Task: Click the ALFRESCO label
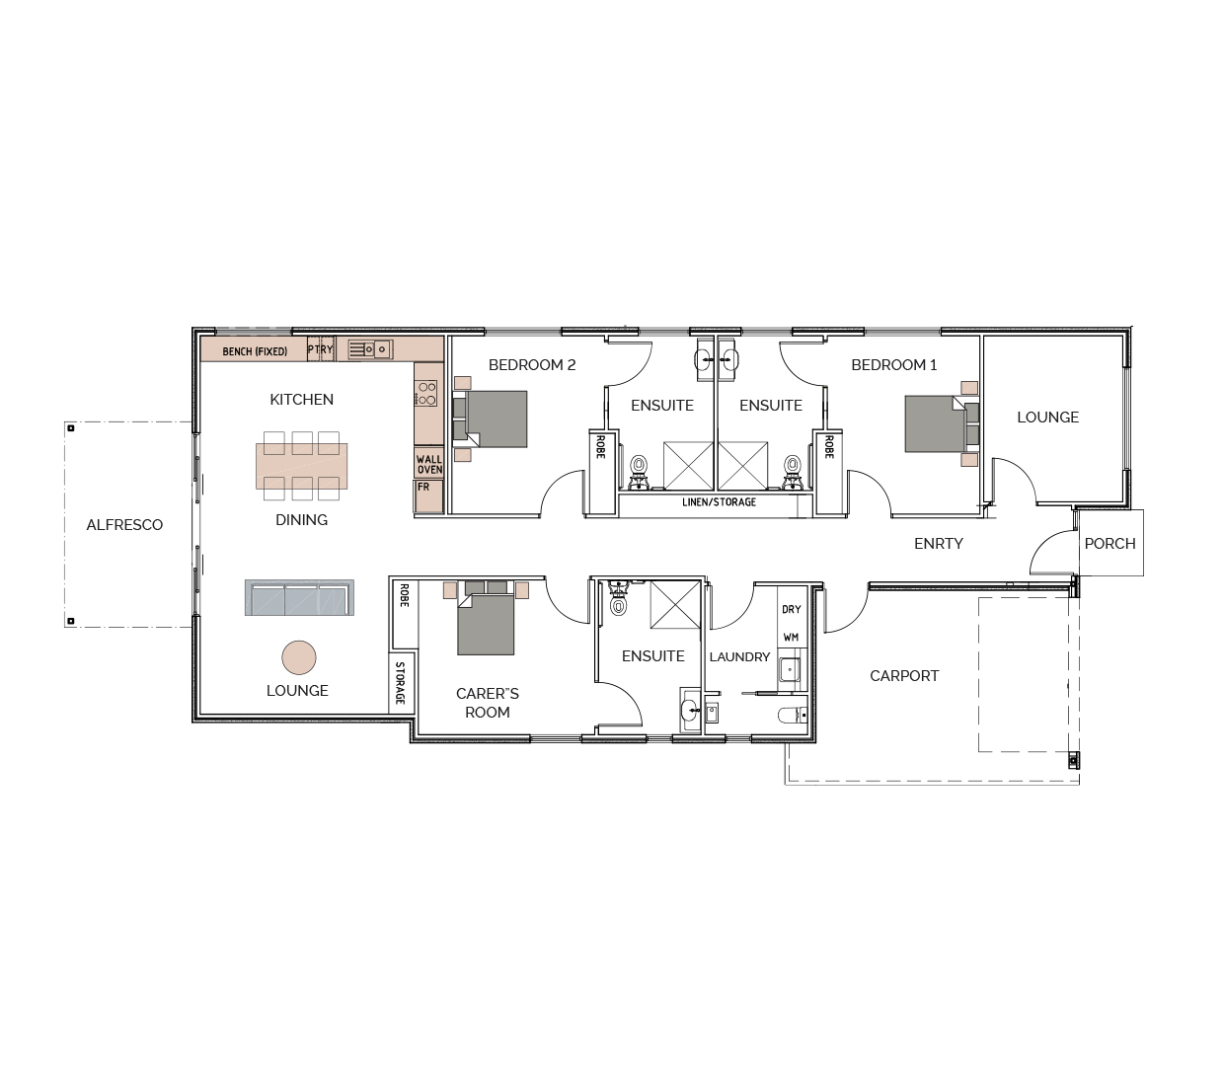pyautogui.click(x=124, y=525)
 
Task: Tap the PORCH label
pyautogui.click(x=1109, y=543)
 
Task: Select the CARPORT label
pyautogui.click(x=904, y=675)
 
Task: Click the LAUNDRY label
pyautogui.click(x=739, y=656)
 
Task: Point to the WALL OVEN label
pyautogui.click(x=429, y=465)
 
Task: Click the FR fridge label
pyautogui.click(x=423, y=487)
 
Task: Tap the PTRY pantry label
pyautogui.click(x=320, y=349)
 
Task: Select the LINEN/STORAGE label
pyautogui.click(x=719, y=501)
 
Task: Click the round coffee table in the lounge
pyautogui.click(x=299, y=657)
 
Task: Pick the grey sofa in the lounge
pyautogui.click(x=299, y=597)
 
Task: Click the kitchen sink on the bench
pyautogui.click(x=370, y=349)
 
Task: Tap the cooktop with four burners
pyautogui.click(x=427, y=394)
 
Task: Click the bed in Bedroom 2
pyautogui.click(x=490, y=419)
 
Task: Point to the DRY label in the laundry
pyautogui.click(x=791, y=609)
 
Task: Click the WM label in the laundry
pyautogui.click(x=791, y=637)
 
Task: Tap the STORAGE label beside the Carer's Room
pyautogui.click(x=400, y=683)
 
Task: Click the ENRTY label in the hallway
pyautogui.click(x=938, y=543)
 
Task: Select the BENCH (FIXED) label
pyautogui.click(x=255, y=351)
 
